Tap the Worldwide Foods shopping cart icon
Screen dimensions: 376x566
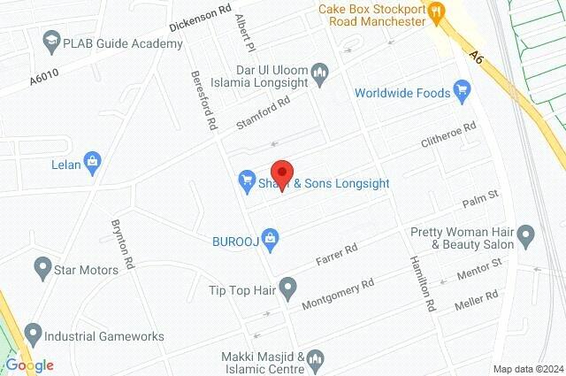tap(461, 90)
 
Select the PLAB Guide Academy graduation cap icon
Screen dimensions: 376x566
tap(51, 40)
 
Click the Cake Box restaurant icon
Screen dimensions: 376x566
tap(436, 12)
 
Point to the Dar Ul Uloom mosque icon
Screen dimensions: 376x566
tap(321, 72)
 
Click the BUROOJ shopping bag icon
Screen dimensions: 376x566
tap(272, 237)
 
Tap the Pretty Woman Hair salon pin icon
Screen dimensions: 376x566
tap(526, 236)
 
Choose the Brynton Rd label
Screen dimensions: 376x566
tap(122, 243)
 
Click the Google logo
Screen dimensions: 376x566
tap(29, 364)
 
